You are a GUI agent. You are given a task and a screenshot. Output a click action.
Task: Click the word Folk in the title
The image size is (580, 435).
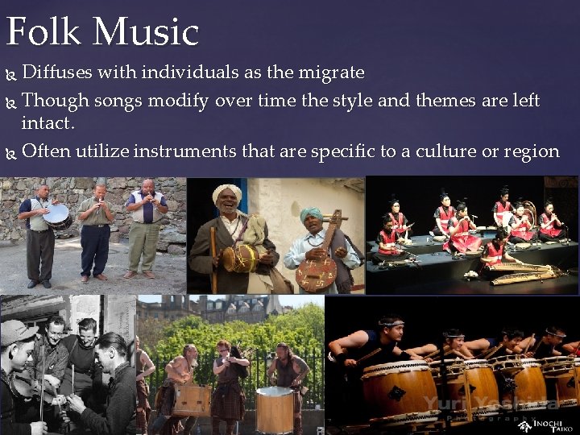(44, 31)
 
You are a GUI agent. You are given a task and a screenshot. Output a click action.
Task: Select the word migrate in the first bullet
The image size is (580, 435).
(330, 72)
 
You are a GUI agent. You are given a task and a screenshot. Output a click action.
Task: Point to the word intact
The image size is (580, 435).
(48, 124)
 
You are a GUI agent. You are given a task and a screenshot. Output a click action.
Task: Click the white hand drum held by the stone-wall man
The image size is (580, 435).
(56, 213)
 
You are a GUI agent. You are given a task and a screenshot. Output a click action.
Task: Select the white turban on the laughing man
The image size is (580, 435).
(226, 193)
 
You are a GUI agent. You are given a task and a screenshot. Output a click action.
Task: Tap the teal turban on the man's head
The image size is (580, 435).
(312, 213)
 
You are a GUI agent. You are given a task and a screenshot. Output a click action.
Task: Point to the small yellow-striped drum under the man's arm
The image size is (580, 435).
(239, 258)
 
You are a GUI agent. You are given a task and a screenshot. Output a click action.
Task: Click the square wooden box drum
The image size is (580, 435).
(192, 400)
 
